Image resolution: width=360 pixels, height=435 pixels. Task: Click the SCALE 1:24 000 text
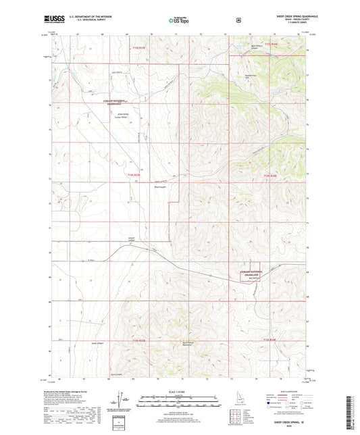[180, 392]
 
